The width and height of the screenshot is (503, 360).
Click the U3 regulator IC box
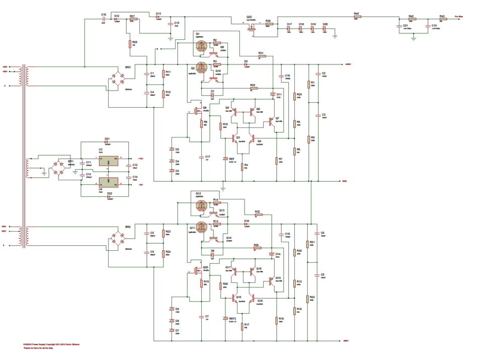[x=108, y=159]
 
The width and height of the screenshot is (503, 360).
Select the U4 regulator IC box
[x=108, y=182]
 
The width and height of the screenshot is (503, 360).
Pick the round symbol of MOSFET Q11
[x=201, y=228]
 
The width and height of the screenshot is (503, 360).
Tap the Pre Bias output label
[x=460, y=16]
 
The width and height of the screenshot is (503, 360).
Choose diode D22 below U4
[x=109, y=196]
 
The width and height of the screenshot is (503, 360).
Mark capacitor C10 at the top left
[x=104, y=19]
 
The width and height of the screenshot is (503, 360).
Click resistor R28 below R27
[x=130, y=43]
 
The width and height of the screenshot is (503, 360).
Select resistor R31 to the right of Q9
[x=261, y=56]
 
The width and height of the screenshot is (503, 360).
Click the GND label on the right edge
[x=345, y=181]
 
